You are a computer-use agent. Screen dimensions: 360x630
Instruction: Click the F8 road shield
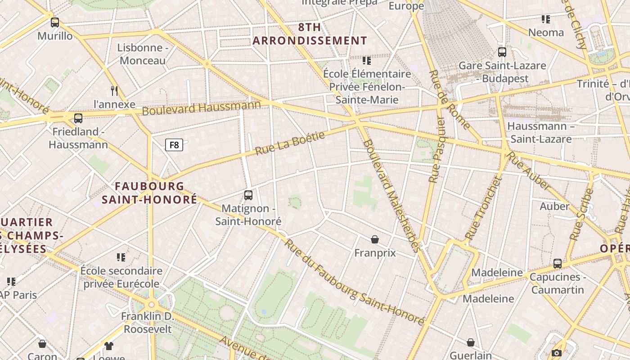point(174,145)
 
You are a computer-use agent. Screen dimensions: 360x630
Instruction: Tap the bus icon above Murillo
point(55,22)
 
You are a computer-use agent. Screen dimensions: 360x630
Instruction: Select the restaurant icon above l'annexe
point(114,90)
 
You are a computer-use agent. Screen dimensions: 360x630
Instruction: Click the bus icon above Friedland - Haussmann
point(78,118)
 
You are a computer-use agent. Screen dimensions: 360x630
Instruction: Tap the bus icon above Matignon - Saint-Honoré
point(248,195)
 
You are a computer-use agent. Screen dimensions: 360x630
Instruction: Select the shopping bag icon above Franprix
point(375,239)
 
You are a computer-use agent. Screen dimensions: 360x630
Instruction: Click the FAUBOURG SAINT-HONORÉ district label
point(149,193)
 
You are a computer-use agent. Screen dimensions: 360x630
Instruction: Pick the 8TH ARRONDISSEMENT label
point(310,34)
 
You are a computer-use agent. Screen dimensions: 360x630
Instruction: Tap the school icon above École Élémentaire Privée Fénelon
point(367,60)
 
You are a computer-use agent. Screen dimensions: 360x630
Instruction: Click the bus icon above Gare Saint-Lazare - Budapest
point(502,52)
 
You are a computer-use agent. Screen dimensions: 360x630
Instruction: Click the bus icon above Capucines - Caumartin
point(558,264)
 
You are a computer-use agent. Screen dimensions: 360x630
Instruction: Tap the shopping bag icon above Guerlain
point(471,343)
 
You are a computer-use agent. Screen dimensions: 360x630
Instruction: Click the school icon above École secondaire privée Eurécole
point(121,257)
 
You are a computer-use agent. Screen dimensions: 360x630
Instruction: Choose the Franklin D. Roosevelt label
point(148,322)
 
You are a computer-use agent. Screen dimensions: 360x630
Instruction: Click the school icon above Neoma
point(546,19)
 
